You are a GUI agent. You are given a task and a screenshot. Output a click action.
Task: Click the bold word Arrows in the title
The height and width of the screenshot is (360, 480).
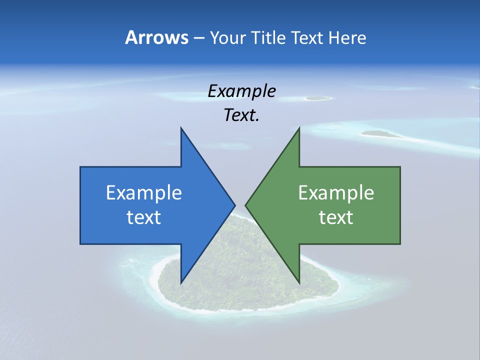click(156, 37)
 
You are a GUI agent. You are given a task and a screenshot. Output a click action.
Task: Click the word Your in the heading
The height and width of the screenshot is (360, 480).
click(228, 38)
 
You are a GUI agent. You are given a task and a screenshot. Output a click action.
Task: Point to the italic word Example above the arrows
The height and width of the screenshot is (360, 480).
click(241, 91)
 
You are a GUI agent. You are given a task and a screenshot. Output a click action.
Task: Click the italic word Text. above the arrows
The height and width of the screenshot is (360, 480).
click(241, 115)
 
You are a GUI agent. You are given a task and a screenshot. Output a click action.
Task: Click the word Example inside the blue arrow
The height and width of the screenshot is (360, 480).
click(144, 193)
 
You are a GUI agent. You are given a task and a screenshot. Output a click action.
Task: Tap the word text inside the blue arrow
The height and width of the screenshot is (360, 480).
click(144, 217)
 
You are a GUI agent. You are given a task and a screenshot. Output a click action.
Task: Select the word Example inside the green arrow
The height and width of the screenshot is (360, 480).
click(336, 193)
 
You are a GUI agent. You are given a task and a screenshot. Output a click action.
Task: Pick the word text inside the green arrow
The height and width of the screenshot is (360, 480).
click(336, 217)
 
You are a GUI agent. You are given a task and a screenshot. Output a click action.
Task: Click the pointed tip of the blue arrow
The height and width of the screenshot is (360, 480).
click(234, 204)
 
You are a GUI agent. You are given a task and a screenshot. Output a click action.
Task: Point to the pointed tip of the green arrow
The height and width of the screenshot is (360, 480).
click(245, 204)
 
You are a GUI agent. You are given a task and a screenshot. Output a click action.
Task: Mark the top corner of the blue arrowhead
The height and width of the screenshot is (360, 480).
click(181, 128)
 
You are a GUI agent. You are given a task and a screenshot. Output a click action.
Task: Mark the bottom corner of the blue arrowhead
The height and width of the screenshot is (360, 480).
click(181, 282)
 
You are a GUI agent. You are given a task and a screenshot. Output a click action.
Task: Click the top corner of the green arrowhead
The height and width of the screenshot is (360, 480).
click(299, 128)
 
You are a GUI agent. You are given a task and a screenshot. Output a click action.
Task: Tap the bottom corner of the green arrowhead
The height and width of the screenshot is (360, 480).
click(299, 282)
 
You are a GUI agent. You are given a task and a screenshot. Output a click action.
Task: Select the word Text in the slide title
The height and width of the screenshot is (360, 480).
click(307, 38)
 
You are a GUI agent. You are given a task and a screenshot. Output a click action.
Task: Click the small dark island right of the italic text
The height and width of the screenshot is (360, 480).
click(380, 133)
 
